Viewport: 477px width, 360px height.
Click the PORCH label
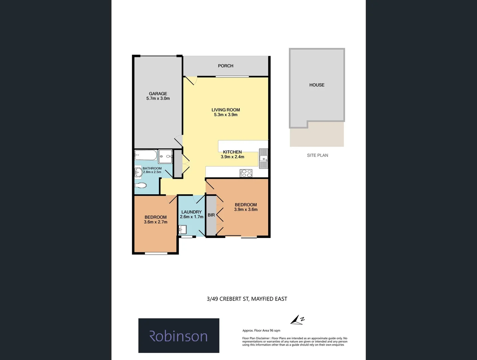226,66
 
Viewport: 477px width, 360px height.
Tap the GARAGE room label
158,94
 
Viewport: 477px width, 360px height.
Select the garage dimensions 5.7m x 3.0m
158,99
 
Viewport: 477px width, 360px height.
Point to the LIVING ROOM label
226,110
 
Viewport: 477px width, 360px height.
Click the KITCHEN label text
232,152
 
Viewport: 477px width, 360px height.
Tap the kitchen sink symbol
263,158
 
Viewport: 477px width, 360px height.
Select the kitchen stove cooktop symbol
246,173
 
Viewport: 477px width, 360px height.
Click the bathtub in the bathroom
146,155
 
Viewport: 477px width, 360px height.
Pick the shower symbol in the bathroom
166,156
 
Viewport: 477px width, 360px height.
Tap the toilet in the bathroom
141,186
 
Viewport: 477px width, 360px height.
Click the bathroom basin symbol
138,172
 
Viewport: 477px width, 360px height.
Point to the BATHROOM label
152,168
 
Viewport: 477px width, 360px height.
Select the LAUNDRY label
192,212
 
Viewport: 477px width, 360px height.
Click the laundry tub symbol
182,230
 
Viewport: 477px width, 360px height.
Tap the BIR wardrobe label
211,215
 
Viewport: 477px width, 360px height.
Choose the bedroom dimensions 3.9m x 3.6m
246,210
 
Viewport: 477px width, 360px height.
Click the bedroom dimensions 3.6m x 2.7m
156,222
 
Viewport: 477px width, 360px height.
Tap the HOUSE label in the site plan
317,85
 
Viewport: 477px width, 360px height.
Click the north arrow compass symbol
297,320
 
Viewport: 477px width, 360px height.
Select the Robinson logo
179,336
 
